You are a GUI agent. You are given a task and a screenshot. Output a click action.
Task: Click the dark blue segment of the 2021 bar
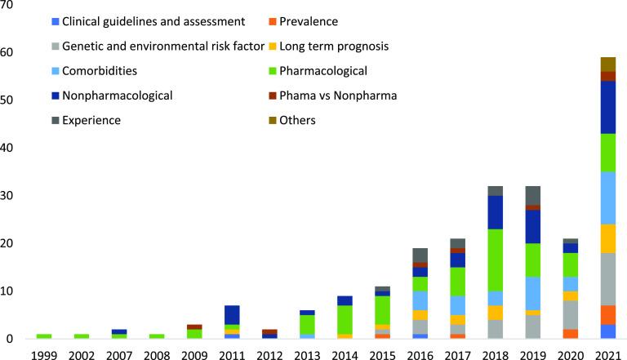(607, 107)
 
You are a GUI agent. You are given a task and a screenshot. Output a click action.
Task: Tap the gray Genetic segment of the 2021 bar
(607, 279)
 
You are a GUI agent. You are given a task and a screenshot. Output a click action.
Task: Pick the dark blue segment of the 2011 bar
(231, 314)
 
